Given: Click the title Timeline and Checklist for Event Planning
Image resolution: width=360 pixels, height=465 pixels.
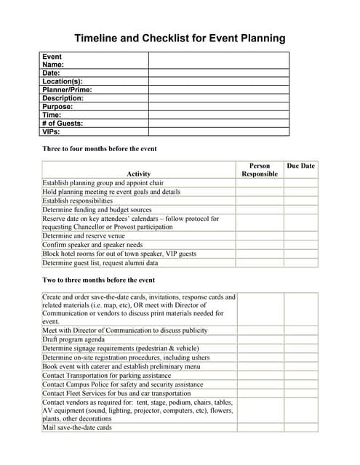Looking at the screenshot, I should [180, 39].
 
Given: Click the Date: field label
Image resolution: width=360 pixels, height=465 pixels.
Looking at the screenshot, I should [51, 73].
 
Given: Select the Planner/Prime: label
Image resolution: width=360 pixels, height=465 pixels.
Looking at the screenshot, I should [67, 90].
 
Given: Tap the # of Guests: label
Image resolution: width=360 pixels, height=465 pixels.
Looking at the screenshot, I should [63, 124].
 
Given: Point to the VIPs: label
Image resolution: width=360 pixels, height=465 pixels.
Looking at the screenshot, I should [51, 132].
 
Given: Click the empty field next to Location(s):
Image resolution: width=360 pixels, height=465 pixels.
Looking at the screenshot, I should [218, 81].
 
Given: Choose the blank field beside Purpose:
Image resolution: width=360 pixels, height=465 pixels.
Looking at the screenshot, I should [218, 107].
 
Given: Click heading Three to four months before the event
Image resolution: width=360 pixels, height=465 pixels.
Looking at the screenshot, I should [100, 149].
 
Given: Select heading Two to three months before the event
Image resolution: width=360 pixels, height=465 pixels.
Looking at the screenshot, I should [98, 280].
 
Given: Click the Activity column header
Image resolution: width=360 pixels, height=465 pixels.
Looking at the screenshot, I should [138, 174].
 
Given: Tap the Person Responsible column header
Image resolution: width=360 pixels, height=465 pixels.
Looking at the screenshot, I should [260, 170].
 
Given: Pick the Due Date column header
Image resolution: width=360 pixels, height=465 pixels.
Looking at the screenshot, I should [300, 166].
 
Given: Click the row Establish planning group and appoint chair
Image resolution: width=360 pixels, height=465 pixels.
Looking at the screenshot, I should [103, 183].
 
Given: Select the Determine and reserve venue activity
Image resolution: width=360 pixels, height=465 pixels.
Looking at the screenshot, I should [84, 236].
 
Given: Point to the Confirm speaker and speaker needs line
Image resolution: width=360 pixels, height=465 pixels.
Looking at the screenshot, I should [92, 246].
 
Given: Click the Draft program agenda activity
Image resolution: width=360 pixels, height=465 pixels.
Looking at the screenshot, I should [73, 339].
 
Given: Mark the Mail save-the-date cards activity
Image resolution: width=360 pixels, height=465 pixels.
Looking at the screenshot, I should [77, 428].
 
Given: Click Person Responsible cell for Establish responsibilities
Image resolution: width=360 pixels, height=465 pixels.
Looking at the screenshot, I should [260, 201].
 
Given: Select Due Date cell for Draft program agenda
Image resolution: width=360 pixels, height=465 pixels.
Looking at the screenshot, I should [300, 339].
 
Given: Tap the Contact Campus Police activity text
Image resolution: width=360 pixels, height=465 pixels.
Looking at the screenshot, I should [122, 384].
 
